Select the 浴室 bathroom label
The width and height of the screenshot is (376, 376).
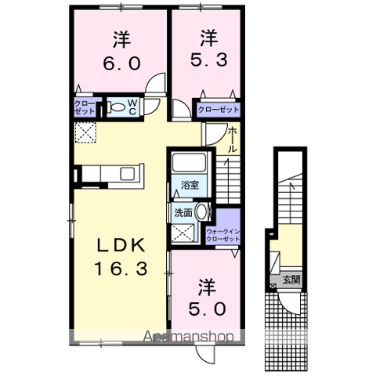[190, 186]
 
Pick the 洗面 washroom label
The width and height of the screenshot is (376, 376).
[183, 212]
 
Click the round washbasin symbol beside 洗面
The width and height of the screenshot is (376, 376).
[201, 211]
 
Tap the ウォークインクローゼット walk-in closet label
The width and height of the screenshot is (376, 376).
[222, 234]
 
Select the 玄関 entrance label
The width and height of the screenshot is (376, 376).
[291, 279]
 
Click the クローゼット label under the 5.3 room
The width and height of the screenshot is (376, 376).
[218, 110]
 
